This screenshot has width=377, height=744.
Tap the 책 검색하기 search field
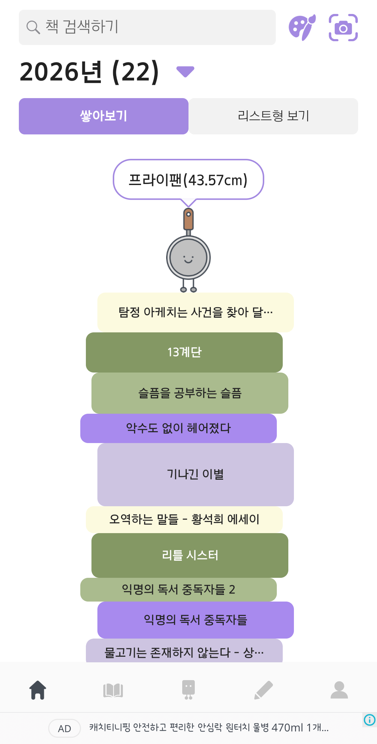pos(147,27)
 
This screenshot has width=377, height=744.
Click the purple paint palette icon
pos(302,28)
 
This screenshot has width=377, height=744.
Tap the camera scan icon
pos(343,28)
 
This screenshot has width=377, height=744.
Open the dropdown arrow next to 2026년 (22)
pos(185,72)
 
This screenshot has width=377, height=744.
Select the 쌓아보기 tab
pos(104,116)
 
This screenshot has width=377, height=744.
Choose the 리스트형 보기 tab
pos(273,116)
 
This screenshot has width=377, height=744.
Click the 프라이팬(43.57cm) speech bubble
pos(188,180)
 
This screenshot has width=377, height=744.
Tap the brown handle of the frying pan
pos(188,219)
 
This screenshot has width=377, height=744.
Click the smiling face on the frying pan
pos(188,259)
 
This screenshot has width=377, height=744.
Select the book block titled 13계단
pos(184,352)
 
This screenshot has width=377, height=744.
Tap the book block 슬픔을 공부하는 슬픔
pos(190,393)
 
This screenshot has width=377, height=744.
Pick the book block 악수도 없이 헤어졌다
pos(178,428)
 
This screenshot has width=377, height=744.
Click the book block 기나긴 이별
pos(195,474)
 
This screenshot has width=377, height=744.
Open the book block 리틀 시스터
pos(190,555)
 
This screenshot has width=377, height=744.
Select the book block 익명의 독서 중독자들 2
pos(178,590)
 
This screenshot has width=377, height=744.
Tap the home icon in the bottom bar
pos(38,690)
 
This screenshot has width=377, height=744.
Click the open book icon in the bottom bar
pos(113,690)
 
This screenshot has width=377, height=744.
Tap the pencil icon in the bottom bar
pos(264,690)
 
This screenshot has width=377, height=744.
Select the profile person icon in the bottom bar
pos(339,690)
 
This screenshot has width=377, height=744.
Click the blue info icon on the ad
pos(370,720)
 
